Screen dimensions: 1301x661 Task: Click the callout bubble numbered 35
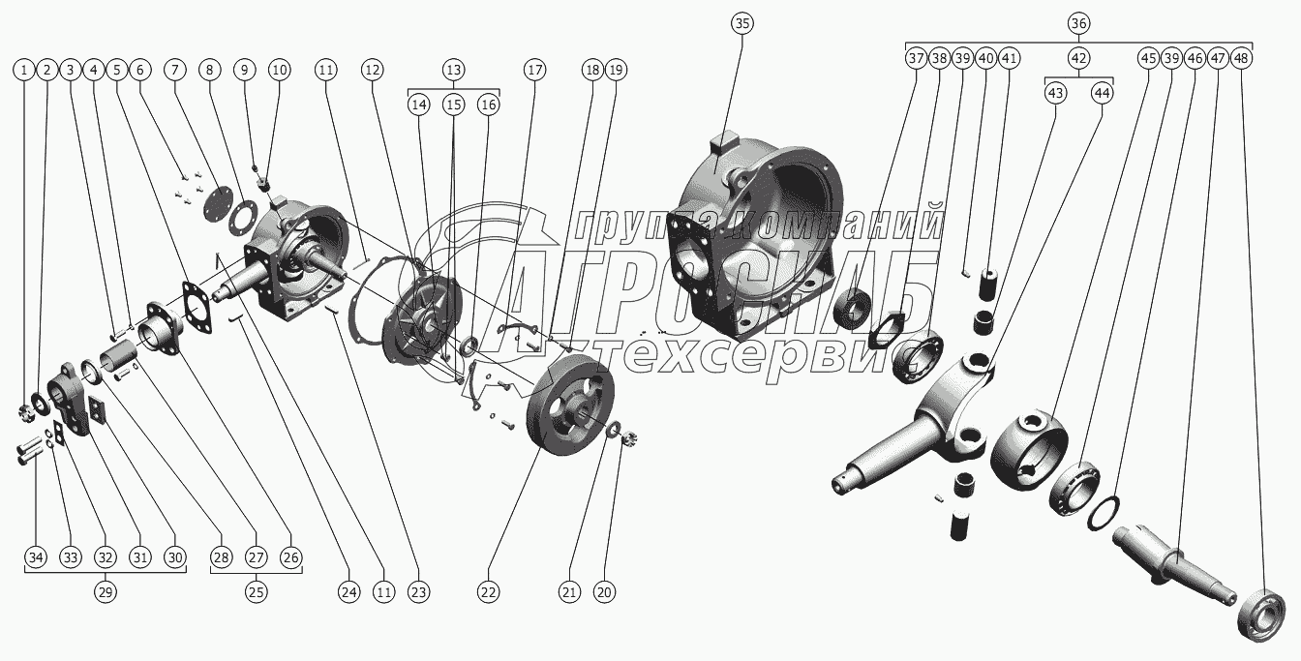(742, 23)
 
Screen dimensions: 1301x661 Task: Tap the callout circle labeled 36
(1078, 23)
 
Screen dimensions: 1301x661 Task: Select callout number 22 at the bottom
(488, 592)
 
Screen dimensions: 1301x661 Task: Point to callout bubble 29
(106, 592)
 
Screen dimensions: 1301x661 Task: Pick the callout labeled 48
(1241, 58)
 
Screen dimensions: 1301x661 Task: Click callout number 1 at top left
(24, 71)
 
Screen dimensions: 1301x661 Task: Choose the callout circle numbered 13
(454, 71)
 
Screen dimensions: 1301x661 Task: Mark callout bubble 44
(1102, 93)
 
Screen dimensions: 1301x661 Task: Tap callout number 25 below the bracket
(257, 592)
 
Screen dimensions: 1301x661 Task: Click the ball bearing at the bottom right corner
(1261, 615)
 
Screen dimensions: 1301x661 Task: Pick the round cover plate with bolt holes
(218, 202)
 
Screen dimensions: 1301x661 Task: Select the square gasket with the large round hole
(197, 307)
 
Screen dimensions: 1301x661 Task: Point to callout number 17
(534, 71)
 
